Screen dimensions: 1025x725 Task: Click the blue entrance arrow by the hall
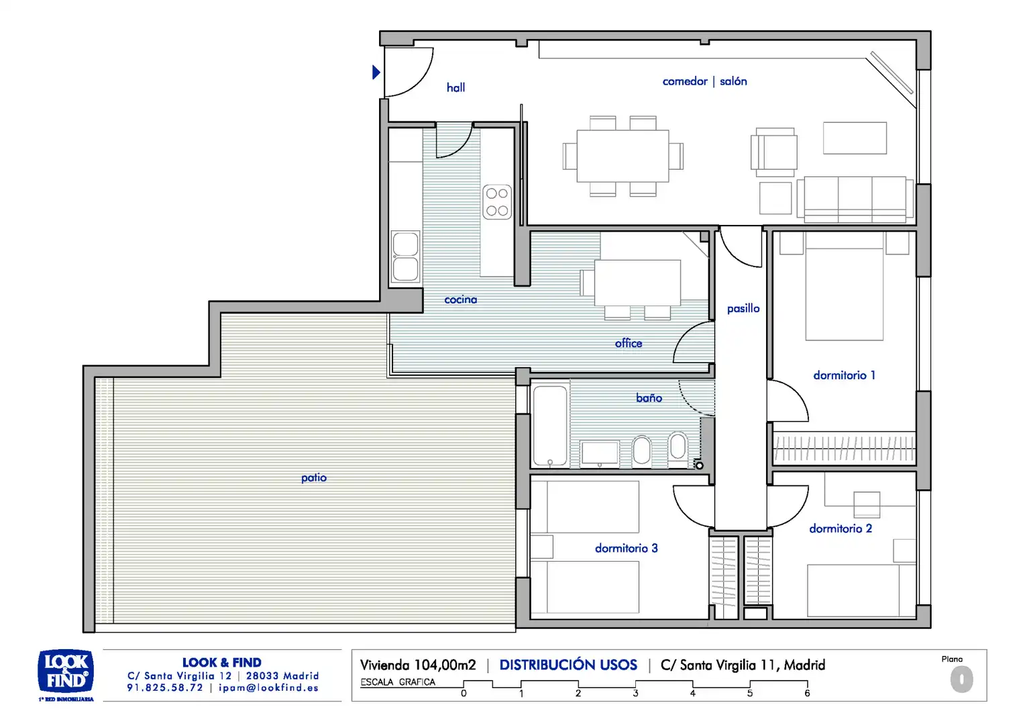[x=376, y=72]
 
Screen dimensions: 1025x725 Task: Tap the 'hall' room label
[x=455, y=87]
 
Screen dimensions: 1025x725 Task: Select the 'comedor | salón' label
[x=704, y=81]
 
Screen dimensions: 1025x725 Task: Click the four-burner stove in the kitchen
[x=497, y=202]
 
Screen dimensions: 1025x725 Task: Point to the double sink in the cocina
[x=405, y=256]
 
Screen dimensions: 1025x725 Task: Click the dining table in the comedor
[x=623, y=156]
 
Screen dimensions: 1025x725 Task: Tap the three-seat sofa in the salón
[x=855, y=199]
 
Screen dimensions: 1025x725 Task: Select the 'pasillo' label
[x=743, y=309]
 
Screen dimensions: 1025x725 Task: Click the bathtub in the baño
[x=550, y=426]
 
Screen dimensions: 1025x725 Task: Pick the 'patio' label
[x=314, y=478]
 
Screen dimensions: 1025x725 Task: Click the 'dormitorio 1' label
[x=845, y=375]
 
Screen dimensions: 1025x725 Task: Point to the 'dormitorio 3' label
[x=627, y=548]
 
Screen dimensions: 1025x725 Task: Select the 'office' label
[x=629, y=343]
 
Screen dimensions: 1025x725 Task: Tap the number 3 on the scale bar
[x=635, y=693]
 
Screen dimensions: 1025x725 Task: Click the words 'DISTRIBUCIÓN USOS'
[x=568, y=665]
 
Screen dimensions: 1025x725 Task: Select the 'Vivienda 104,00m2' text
[x=418, y=665]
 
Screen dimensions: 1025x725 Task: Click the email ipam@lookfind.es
[x=268, y=688]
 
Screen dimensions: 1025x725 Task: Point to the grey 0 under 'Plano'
[x=961, y=679]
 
